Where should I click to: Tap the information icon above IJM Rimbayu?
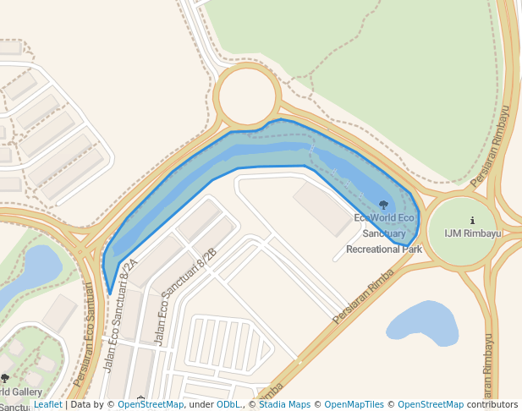pos(472,221)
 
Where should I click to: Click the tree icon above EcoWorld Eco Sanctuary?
pos(383,205)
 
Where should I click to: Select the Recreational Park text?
pos(383,249)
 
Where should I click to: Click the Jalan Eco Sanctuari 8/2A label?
pos(119,315)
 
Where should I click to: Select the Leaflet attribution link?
pos(47,405)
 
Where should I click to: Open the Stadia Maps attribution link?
pos(284,405)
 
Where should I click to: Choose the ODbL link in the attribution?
pos(228,405)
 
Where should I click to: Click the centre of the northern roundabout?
pos(246,96)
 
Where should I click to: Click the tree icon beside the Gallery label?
pos(4,379)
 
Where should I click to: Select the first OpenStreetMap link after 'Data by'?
pos(151,405)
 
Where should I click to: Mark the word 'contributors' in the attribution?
pos(492,405)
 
